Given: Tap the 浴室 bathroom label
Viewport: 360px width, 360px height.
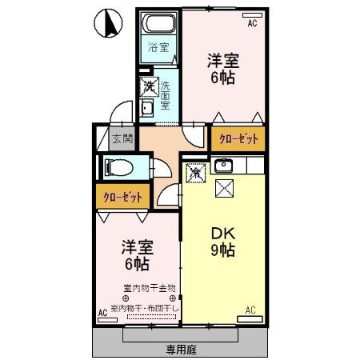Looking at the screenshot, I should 158,46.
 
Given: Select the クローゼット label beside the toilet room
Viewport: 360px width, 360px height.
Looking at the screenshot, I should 121,195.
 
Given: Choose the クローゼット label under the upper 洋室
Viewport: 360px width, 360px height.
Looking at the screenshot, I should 238,138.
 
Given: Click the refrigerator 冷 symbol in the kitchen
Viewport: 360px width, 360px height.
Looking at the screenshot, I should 196,171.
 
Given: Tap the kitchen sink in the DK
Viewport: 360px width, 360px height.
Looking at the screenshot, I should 224,166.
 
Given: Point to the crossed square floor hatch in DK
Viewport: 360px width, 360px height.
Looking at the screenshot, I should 225,189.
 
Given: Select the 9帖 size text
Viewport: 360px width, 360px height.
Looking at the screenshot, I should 222,250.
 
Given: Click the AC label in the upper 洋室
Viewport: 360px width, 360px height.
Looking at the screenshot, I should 252,24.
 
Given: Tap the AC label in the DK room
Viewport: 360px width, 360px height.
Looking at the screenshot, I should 250,310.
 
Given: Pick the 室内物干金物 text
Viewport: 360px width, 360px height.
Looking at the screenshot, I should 149,288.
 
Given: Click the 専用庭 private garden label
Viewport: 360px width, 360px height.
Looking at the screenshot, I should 182,349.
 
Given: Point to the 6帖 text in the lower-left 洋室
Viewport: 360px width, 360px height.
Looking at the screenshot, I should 135,263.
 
